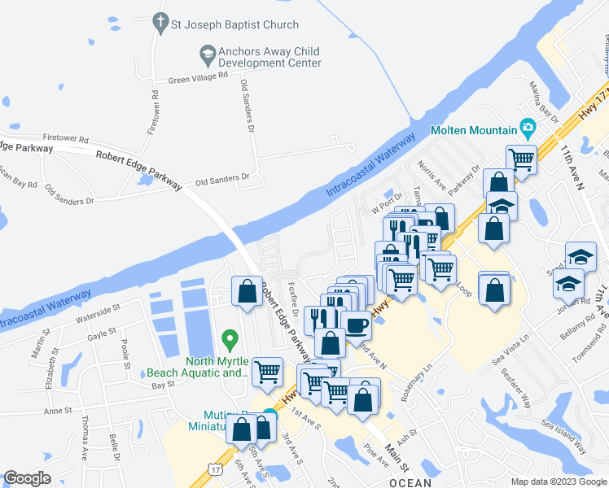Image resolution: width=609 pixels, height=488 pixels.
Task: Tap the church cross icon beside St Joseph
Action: (160, 24)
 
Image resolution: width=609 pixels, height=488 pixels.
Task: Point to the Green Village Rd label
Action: (198, 79)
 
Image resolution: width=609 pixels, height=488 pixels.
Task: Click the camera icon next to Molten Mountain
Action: (528, 129)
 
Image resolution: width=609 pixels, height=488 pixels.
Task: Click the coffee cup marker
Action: (356, 325)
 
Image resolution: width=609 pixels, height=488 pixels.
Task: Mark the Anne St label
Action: (59, 411)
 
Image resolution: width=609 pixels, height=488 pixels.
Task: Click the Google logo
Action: (27, 478)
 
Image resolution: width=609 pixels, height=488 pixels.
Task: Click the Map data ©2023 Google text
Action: (557, 481)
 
